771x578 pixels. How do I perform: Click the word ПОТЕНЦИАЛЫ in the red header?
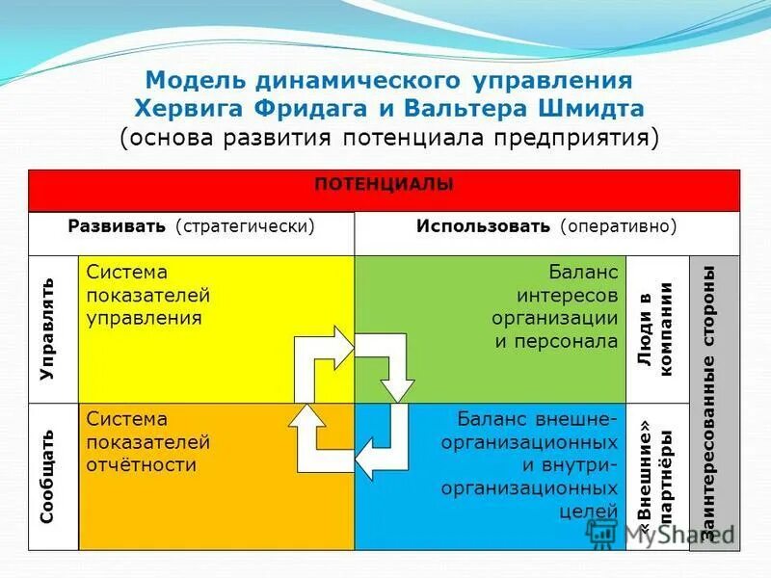coord(384,184)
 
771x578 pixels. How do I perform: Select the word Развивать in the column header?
coord(119,226)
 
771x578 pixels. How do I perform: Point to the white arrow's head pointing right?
coord(341,342)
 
